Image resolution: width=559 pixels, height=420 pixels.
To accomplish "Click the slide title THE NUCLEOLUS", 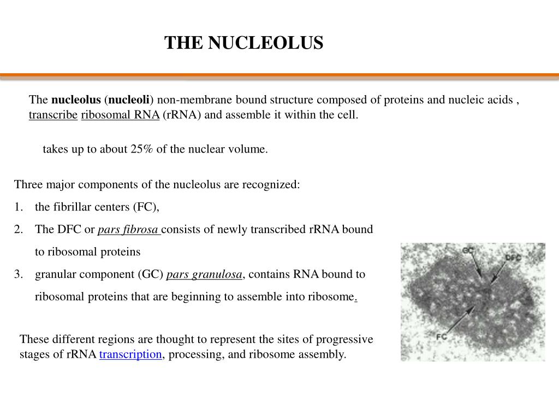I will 244,43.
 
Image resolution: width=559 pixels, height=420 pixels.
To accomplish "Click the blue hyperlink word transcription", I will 130,354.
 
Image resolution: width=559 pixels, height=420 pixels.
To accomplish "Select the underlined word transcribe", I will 53,115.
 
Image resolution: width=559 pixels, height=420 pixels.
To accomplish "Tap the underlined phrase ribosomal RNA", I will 120,115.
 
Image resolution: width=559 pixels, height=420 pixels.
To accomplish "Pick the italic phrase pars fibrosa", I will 128,230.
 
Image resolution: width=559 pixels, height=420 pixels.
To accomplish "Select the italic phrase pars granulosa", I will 204,275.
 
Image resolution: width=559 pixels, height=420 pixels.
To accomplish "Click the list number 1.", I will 19,207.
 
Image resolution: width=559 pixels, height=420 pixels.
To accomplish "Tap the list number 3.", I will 19,275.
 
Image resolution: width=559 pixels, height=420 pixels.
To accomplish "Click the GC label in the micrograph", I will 467,251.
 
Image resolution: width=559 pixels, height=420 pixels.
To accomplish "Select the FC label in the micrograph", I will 441,336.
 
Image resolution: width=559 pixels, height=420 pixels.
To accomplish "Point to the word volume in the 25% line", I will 250,149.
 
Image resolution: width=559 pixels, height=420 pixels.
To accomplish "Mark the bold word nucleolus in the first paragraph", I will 76,100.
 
